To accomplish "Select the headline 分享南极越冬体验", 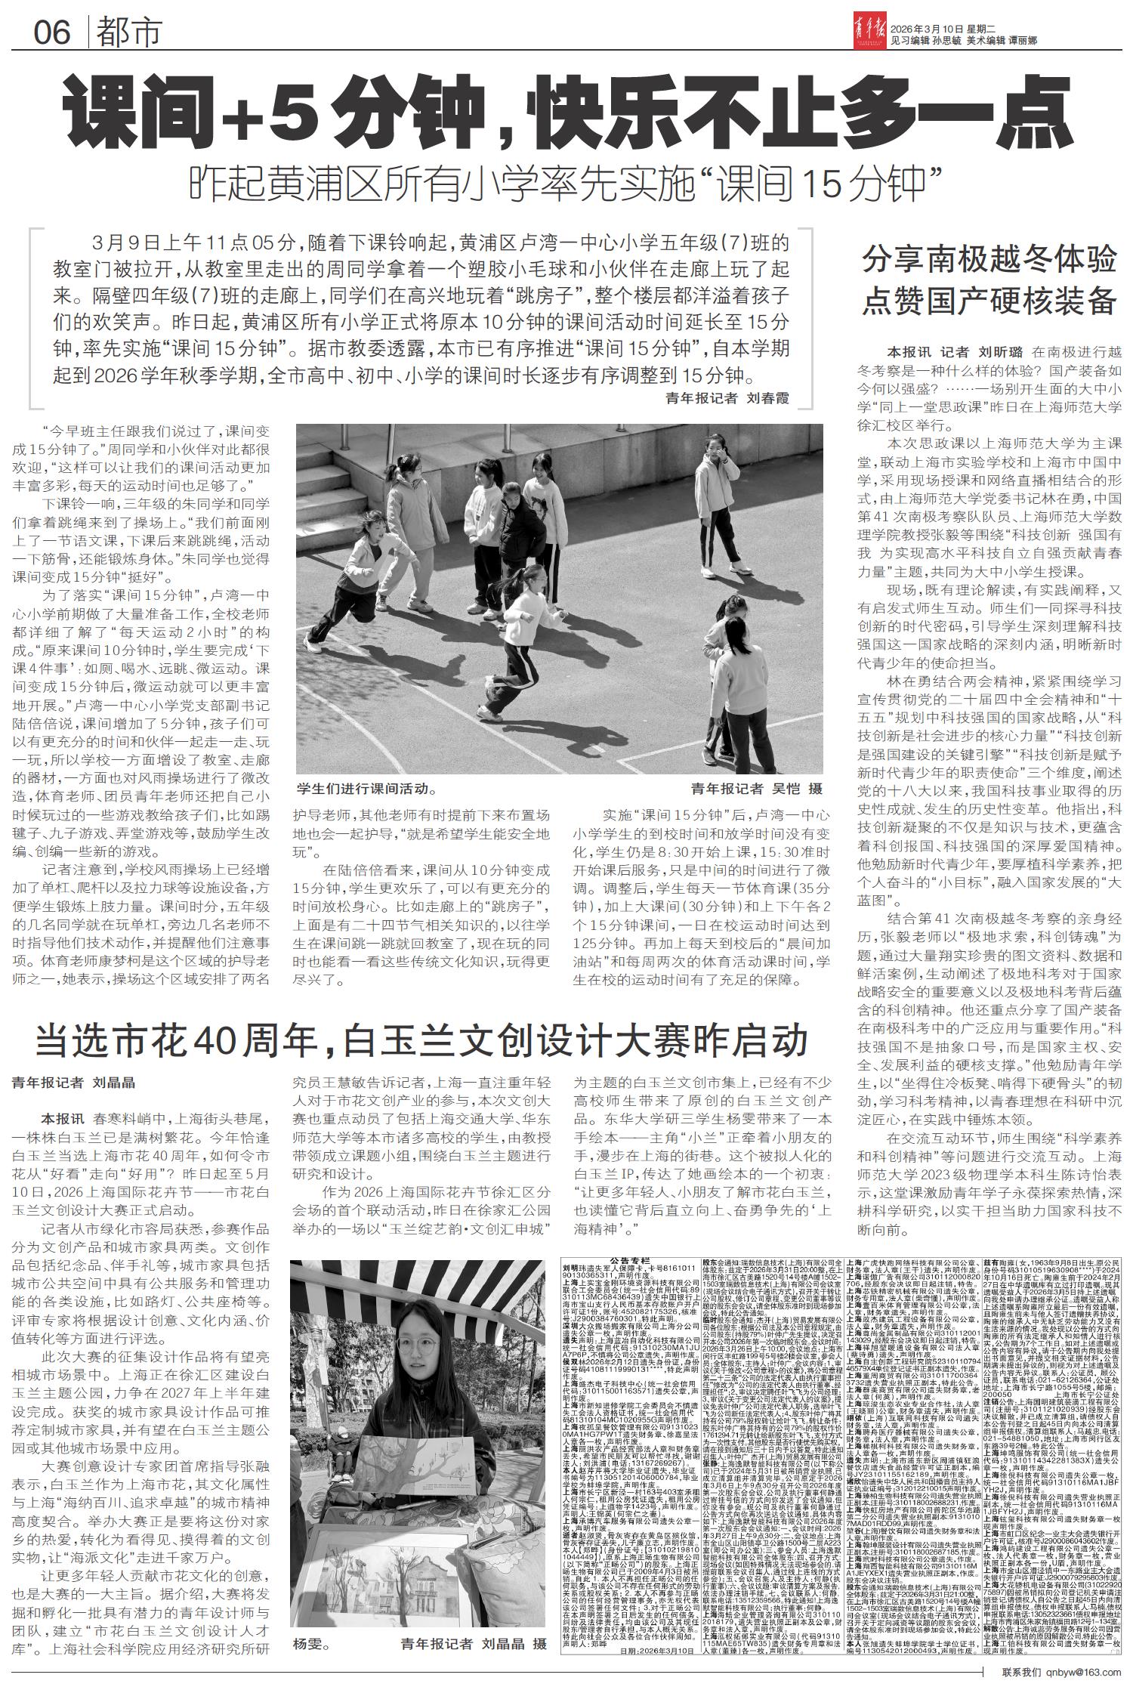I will coord(989,261).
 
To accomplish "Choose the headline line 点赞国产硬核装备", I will coord(989,301).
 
